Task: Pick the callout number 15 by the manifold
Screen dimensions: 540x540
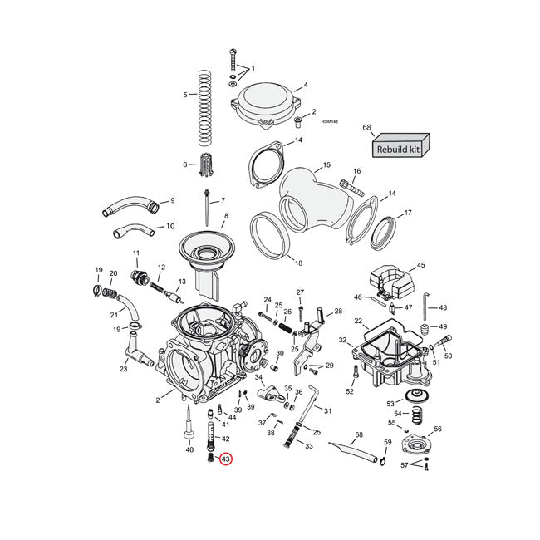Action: (x=326, y=164)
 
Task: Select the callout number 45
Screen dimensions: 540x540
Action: (x=420, y=265)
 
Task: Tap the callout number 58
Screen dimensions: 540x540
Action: (x=359, y=434)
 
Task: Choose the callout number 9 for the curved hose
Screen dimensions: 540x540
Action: (x=172, y=200)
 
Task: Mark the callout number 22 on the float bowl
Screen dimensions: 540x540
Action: (x=358, y=321)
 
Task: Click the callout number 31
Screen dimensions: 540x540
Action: (x=327, y=411)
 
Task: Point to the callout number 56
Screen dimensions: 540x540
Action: (x=438, y=429)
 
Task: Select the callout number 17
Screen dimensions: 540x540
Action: (x=407, y=213)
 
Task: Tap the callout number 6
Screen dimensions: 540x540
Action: (x=184, y=164)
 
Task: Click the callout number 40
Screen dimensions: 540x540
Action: (x=189, y=449)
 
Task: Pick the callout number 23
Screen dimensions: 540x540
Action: (x=123, y=369)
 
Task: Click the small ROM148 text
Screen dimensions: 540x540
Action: (x=329, y=121)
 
